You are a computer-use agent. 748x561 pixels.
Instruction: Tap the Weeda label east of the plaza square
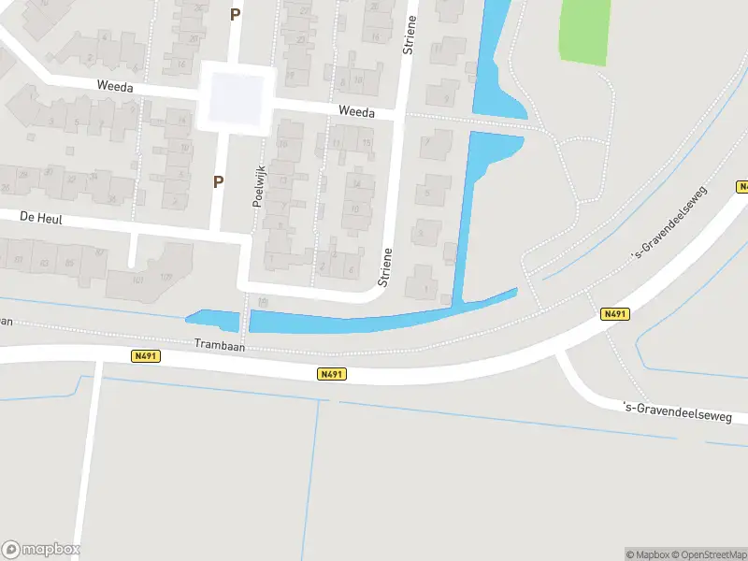click(x=356, y=112)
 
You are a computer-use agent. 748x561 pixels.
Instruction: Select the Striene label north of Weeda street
click(x=408, y=36)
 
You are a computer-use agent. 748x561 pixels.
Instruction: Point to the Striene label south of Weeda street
click(x=383, y=266)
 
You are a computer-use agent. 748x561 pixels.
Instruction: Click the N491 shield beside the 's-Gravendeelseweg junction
click(x=614, y=314)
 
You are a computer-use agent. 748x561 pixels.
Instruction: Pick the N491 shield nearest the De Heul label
click(x=145, y=355)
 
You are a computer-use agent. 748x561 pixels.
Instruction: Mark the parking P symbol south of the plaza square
click(x=218, y=182)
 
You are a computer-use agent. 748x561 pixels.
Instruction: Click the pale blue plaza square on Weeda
click(x=236, y=97)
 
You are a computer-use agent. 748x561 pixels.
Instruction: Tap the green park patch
click(x=584, y=31)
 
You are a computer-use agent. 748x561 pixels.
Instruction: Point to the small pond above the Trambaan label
click(x=213, y=321)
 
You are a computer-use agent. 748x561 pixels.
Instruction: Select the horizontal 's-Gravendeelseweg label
click(x=684, y=409)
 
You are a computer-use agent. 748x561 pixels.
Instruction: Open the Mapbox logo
click(x=41, y=549)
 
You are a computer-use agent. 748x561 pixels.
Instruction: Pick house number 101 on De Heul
click(x=137, y=280)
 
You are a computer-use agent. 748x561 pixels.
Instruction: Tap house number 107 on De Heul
click(x=166, y=277)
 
